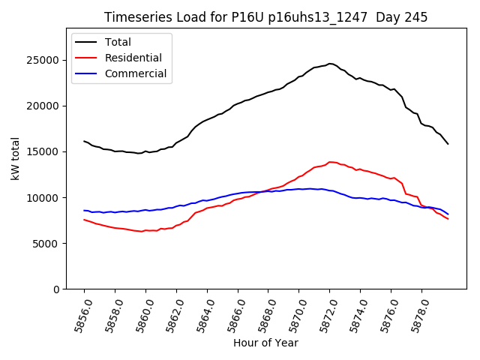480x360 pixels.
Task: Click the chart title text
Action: [x=265, y=17]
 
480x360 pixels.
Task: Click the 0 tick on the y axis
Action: [x=55, y=289]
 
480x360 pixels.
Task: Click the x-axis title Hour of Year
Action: [x=265, y=343]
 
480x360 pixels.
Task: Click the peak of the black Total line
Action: [x=330, y=64]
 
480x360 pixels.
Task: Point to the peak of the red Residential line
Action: [x=330, y=162]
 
